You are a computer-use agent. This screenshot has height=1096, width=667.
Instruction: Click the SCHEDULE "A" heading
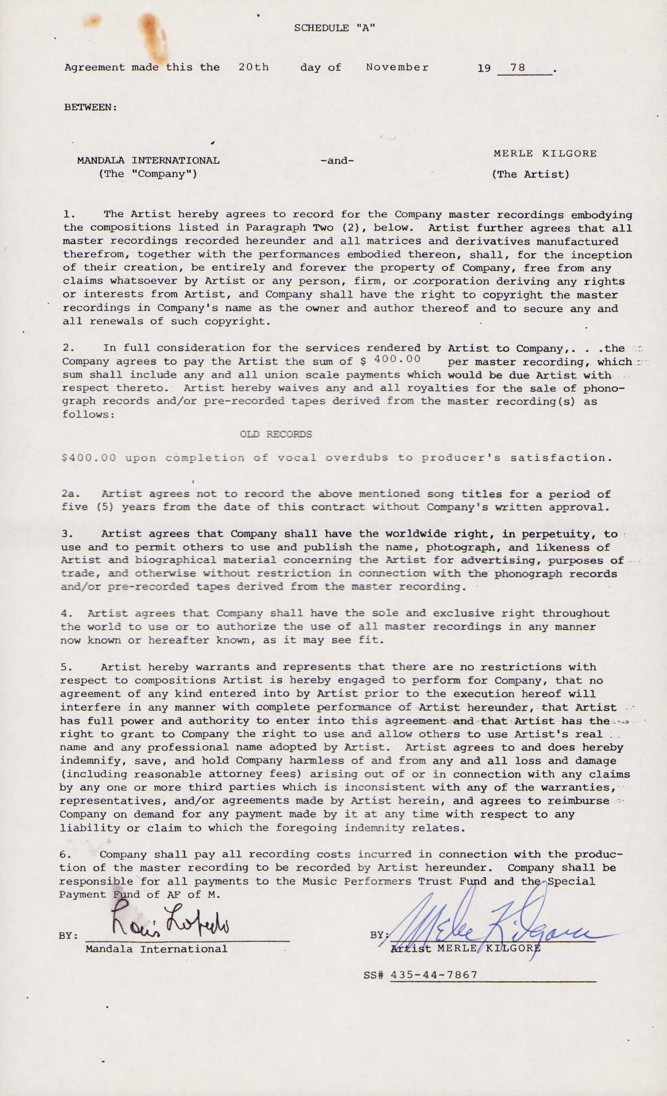point(334,28)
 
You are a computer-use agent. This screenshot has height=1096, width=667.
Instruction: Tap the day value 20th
point(253,67)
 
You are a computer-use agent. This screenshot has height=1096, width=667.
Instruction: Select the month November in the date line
point(397,67)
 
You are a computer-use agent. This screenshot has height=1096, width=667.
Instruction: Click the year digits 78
point(518,68)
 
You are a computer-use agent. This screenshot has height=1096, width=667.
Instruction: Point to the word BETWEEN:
point(91,107)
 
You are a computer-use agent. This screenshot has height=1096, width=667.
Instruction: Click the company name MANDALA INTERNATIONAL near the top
point(148,161)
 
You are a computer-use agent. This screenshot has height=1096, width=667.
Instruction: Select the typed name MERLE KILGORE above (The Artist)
point(545,153)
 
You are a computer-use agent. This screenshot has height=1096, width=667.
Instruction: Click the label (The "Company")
point(148,174)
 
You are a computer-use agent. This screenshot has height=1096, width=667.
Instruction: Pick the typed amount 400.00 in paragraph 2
point(398,359)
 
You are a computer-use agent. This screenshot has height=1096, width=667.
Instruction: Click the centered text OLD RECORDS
point(276,434)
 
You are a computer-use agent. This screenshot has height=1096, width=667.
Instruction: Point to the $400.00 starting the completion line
point(88,458)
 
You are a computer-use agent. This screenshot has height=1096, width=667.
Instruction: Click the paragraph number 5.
point(65,667)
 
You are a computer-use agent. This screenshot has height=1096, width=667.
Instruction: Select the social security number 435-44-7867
point(434,975)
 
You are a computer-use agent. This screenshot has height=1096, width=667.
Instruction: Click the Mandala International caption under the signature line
point(156,949)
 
